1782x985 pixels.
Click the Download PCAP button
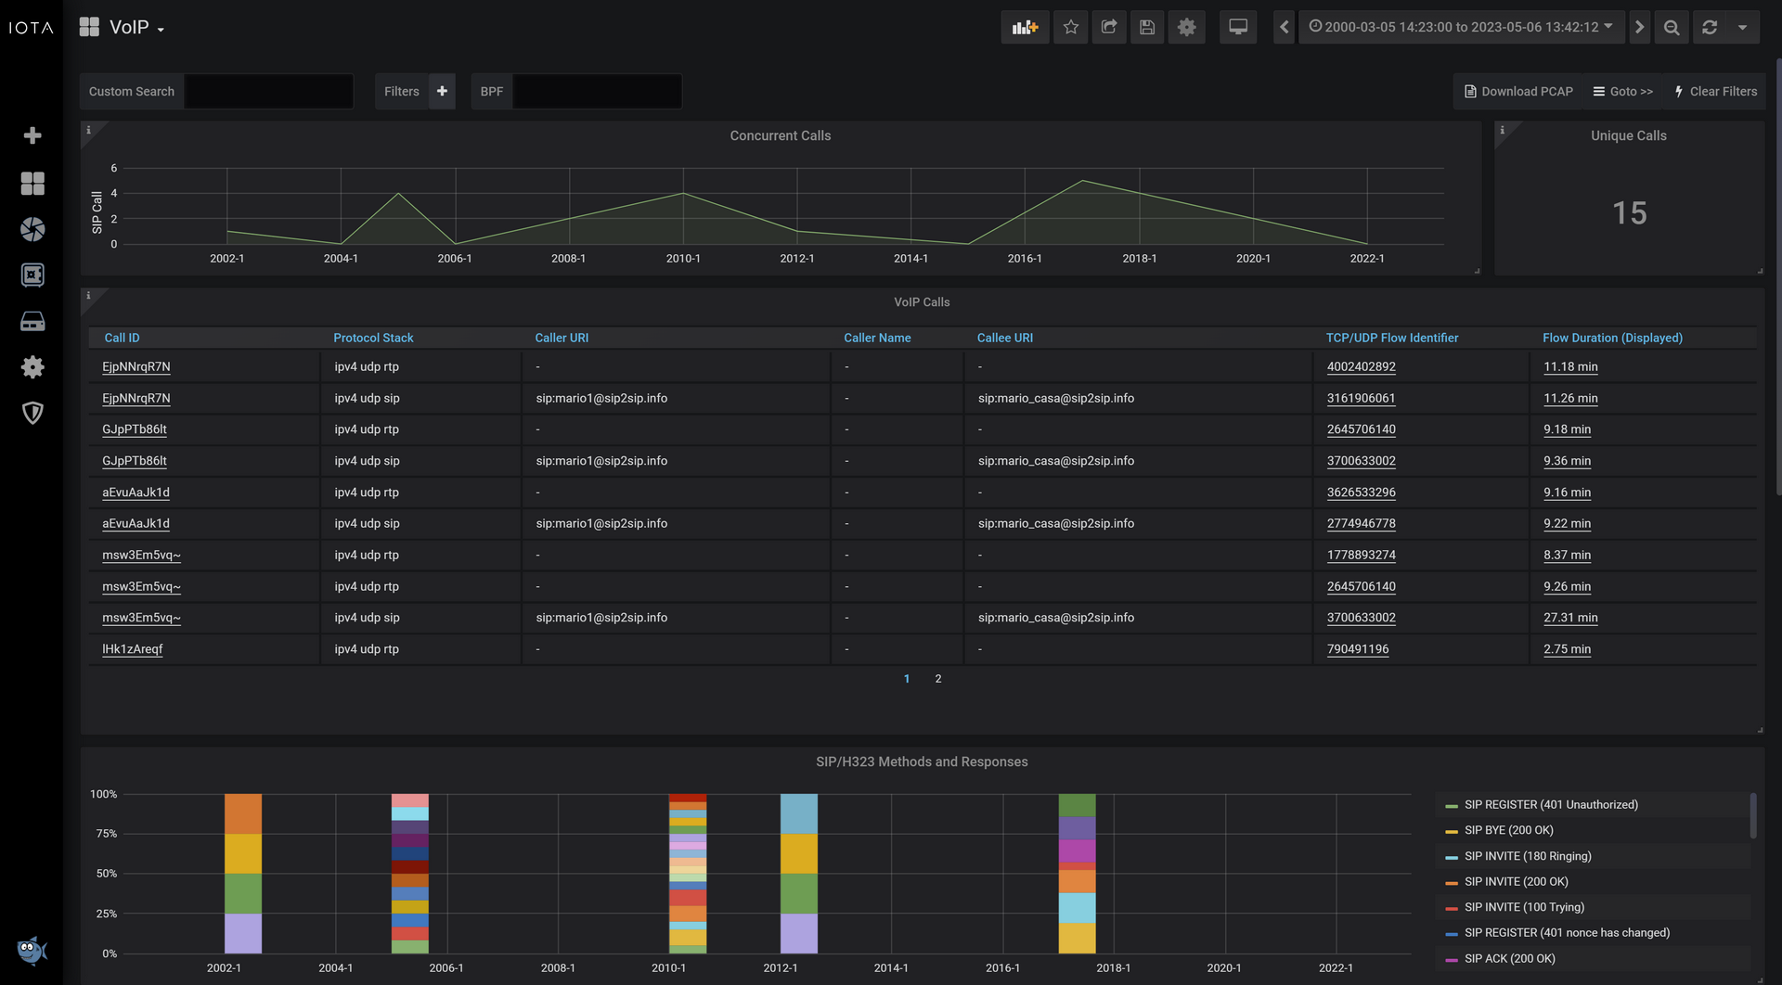point(1518,92)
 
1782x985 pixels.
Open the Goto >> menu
point(1623,92)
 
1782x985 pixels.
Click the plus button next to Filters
point(442,91)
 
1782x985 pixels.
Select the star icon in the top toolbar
point(1070,27)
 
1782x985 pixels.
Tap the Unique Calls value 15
point(1629,213)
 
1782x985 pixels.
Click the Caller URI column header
point(562,338)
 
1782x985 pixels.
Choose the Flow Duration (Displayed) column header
point(1612,338)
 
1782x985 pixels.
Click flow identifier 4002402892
point(1361,366)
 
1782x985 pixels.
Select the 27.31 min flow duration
point(1570,618)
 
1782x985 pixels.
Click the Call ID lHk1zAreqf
point(132,649)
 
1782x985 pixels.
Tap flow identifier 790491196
point(1358,649)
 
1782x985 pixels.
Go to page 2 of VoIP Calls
point(938,679)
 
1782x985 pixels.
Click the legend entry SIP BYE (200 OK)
point(1508,830)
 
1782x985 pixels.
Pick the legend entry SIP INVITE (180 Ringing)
point(1528,856)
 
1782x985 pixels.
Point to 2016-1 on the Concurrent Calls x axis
point(1025,259)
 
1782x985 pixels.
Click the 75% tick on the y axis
point(106,834)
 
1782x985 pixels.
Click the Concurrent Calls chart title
point(780,135)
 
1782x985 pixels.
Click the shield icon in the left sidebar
point(32,413)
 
